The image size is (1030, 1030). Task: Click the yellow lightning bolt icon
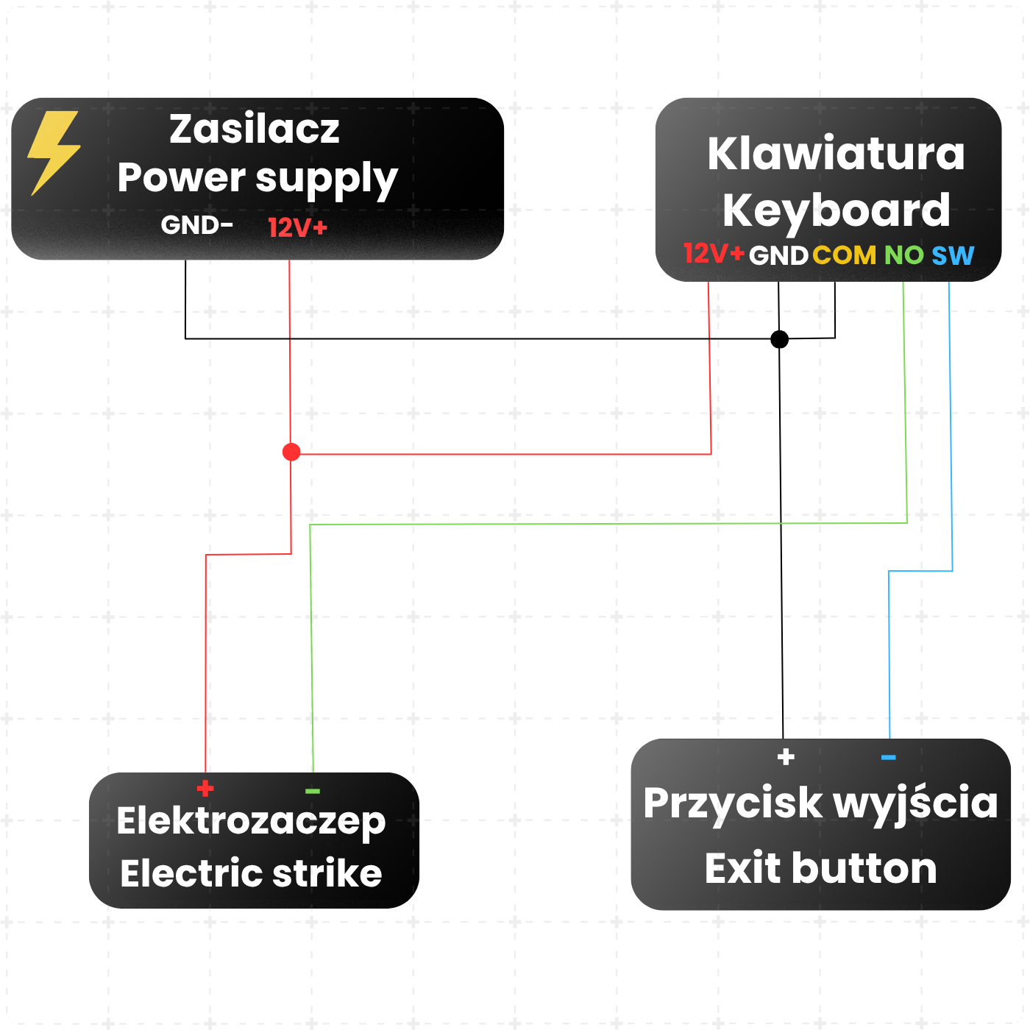[x=54, y=153]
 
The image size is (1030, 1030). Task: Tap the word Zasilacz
[x=255, y=129]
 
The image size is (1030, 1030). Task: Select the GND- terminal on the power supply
[x=196, y=225]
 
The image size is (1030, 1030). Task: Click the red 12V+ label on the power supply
[x=297, y=227]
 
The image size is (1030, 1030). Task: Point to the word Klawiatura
[x=836, y=154]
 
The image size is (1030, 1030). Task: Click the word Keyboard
[x=836, y=211]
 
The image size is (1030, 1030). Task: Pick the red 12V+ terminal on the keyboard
[x=714, y=253]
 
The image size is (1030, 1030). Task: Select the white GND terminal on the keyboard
[x=778, y=255]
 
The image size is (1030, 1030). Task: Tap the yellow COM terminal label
[x=844, y=255]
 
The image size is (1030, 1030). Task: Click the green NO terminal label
[x=903, y=255]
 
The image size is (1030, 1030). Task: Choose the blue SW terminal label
[x=953, y=255]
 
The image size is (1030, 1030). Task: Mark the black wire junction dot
[x=779, y=339]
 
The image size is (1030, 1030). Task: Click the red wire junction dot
[x=291, y=452]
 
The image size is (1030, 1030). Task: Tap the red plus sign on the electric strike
[x=205, y=788]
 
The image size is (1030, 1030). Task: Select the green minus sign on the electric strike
[x=312, y=791]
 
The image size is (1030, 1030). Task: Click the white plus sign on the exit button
[x=786, y=757]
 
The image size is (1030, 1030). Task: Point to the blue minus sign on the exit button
[x=888, y=757]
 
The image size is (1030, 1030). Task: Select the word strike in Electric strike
[x=327, y=873]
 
